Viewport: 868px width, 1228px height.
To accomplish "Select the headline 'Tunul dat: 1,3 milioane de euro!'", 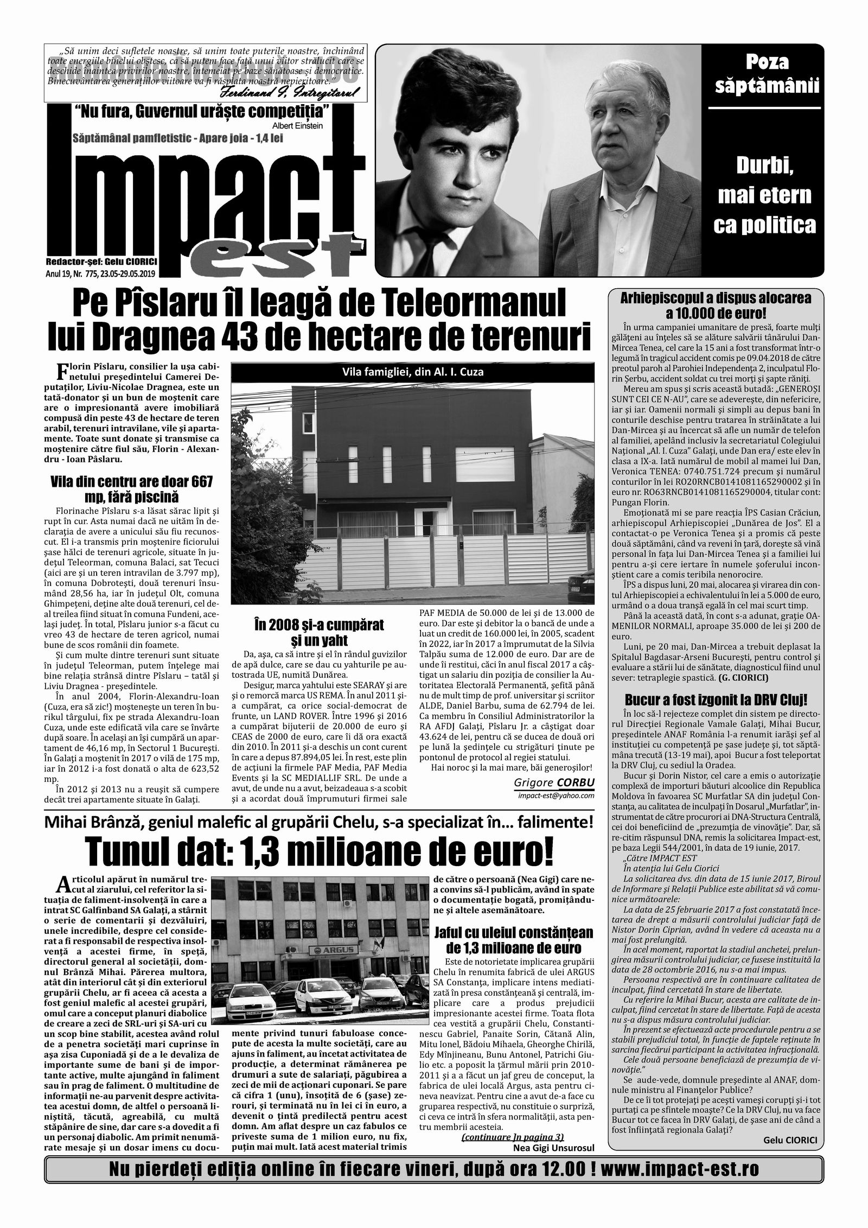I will (320, 852).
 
